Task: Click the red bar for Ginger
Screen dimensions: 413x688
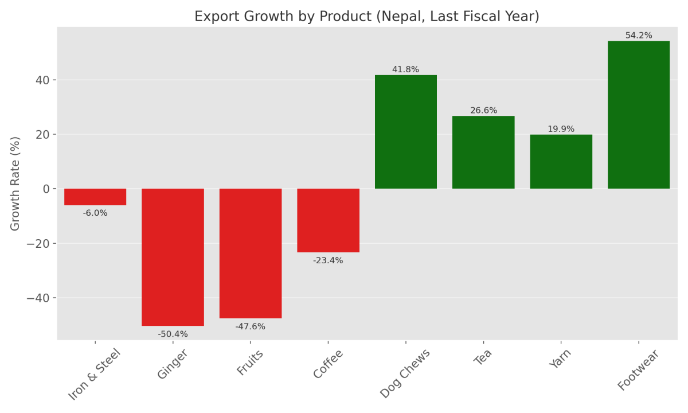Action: click(173, 257)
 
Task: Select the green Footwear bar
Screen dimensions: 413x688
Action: click(638, 115)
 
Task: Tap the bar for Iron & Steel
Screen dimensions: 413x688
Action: click(95, 197)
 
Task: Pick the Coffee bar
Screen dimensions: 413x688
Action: click(328, 220)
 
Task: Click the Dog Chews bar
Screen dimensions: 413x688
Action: click(405, 132)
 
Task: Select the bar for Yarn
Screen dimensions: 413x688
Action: click(561, 162)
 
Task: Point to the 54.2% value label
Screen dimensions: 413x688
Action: click(638, 36)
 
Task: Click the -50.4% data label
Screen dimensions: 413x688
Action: click(173, 334)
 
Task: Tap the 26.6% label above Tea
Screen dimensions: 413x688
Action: click(483, 111)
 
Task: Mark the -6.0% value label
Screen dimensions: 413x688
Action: click(95, 213)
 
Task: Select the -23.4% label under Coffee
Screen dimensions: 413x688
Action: click(328, 261)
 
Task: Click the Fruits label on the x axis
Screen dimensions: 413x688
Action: click(251, 363)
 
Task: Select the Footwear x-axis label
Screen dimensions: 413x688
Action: click(639, 371)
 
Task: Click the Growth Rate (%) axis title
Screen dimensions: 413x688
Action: click(15, 184)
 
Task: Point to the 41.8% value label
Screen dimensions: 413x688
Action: click(405, 70)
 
